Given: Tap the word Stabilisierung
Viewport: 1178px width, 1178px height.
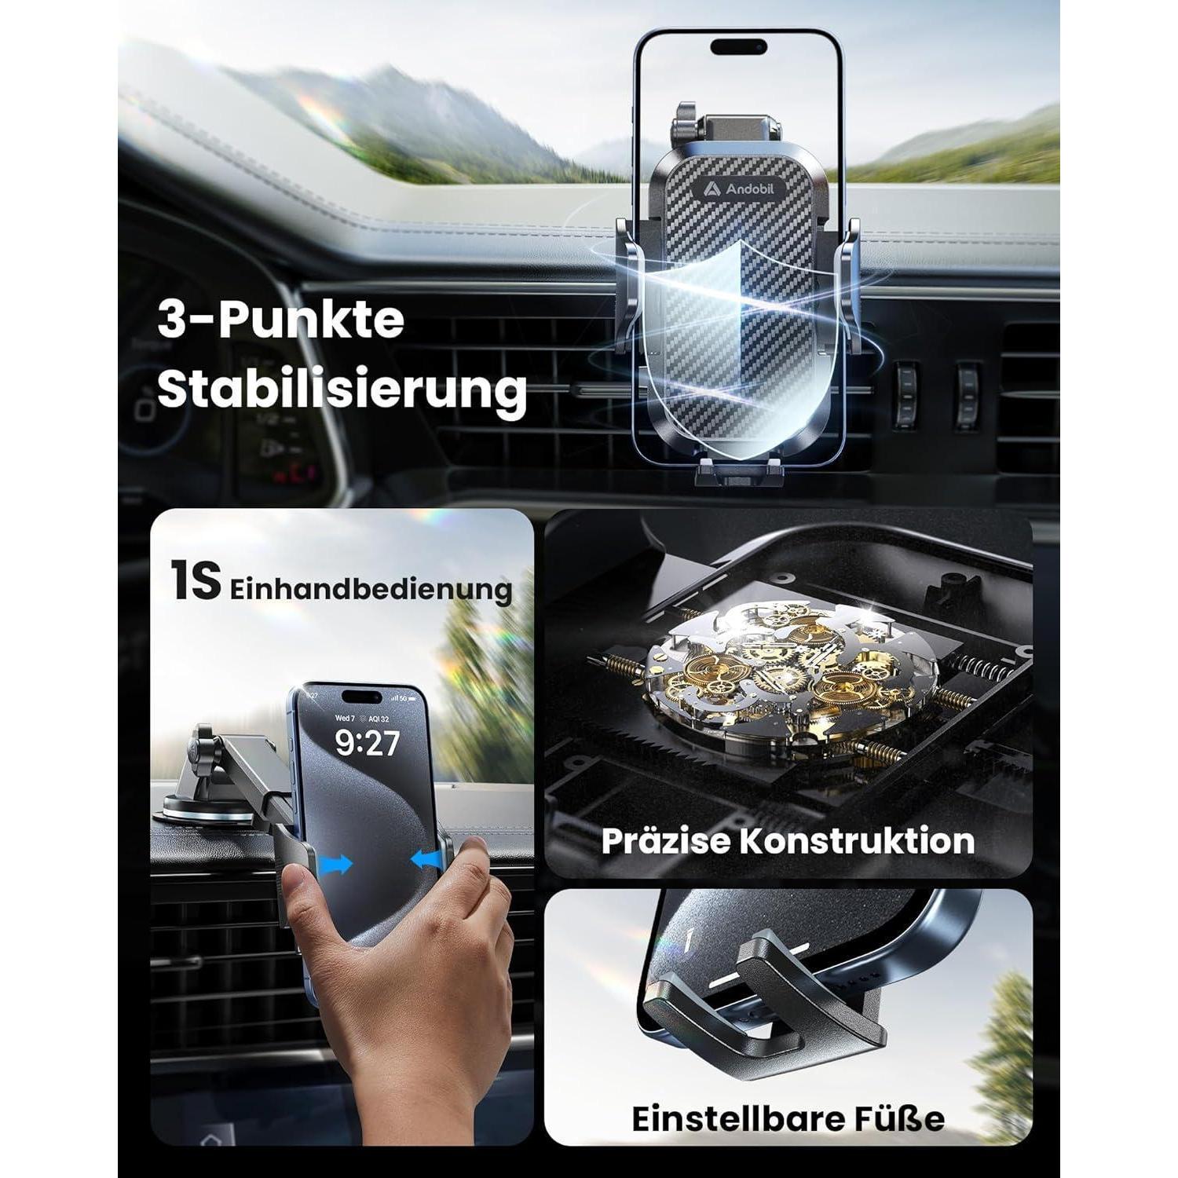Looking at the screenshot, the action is [x=342, y=390].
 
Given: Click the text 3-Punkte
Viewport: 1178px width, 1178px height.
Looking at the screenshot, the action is [x=281, y=321].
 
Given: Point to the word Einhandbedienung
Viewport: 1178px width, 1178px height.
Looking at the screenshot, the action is [x=371, y=589].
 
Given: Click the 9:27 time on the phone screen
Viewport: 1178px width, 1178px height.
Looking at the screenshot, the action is [x=367, y=742].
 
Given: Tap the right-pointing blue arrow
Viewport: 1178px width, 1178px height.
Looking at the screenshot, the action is [x=336, y=863].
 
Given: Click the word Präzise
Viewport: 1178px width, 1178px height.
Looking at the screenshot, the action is [x=666, y=841].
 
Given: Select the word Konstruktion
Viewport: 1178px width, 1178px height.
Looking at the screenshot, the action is [x=858, y=841].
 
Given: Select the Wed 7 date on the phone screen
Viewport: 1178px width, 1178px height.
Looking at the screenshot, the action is [x=346, y=718].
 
